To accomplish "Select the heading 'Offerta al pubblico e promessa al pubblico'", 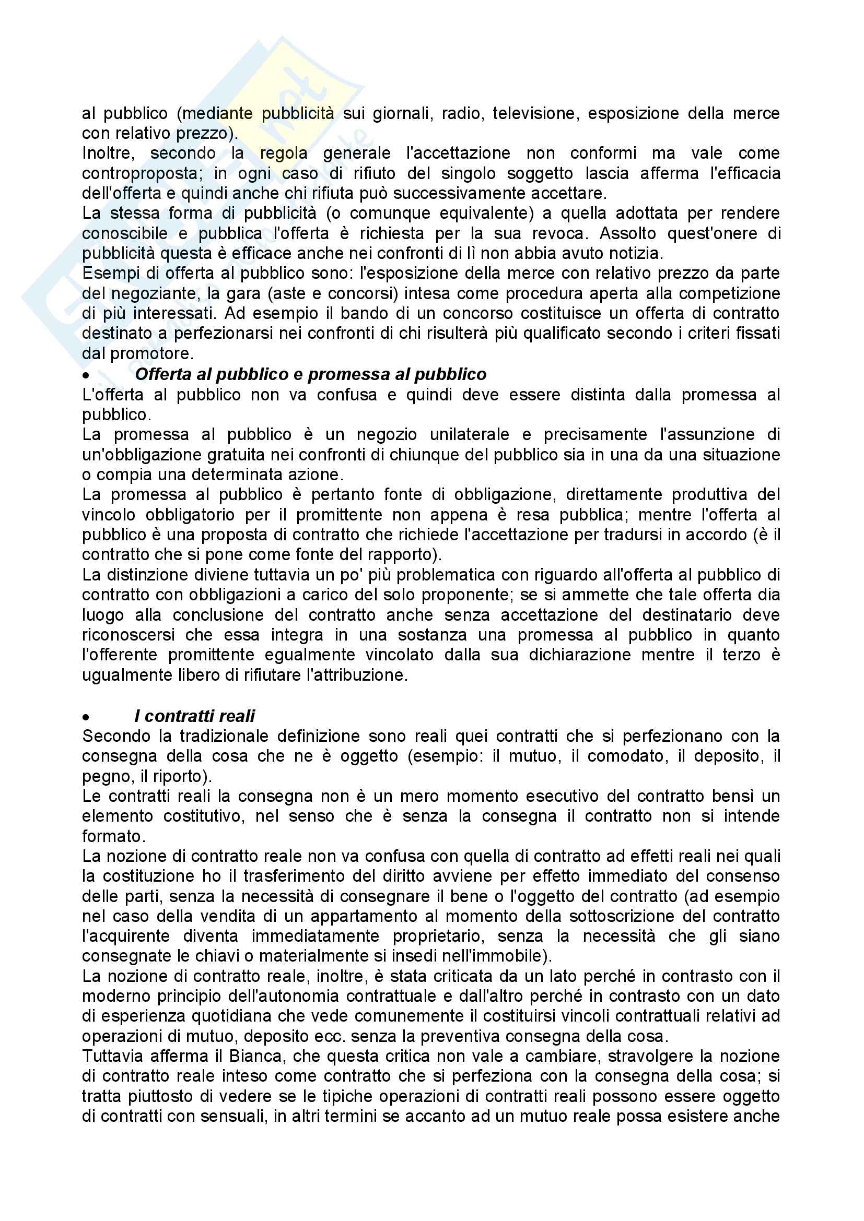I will (x=311, y=374).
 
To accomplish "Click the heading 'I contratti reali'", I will (x=195, y=716).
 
